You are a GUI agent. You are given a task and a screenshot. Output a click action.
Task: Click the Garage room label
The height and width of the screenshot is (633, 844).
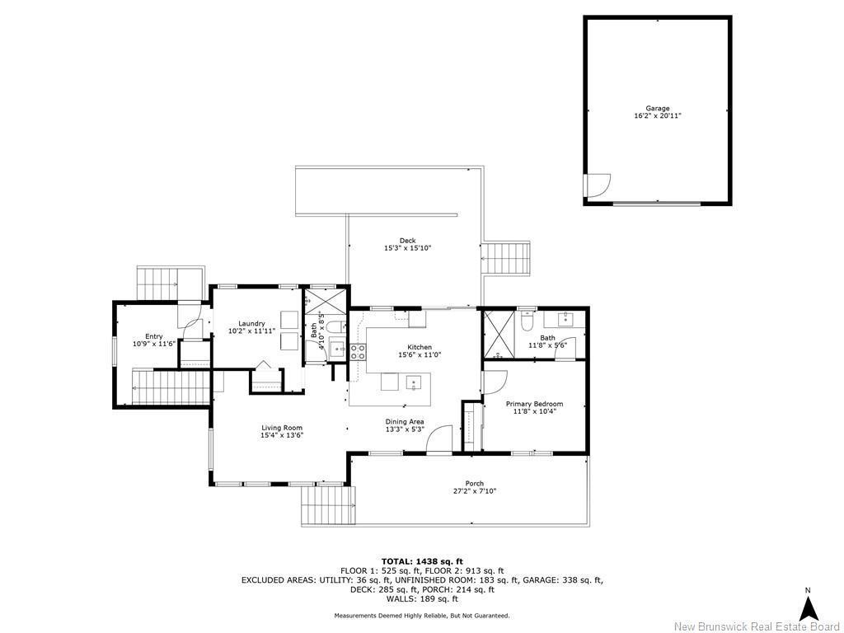click(x=657, y=108)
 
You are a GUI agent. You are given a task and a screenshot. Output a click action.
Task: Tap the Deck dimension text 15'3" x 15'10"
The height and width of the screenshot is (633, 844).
click(x=407, y=248)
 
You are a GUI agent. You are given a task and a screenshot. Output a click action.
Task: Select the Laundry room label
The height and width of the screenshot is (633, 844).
click(x=251, y=324)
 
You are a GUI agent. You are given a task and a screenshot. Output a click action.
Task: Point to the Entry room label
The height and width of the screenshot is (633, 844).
click(x=153, y=336)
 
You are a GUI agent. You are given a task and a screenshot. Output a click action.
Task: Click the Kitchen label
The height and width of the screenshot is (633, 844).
click(x=419, y=347)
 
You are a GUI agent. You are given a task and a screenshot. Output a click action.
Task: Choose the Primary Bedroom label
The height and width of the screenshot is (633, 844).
click(x=534, y=404)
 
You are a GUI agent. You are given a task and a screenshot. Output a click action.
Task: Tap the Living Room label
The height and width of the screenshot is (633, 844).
click(x=282, y=428)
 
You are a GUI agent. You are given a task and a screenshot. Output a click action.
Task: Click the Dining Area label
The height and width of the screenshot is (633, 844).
click(x=404, y=421)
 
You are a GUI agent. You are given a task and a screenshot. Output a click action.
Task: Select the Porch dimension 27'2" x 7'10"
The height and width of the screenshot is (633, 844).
click(x=474, y=491)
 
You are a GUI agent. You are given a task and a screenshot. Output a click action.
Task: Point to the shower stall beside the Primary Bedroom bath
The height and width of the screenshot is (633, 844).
click(x=499, y=334)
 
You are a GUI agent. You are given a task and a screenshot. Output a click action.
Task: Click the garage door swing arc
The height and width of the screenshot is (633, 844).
click(x=598, y=185)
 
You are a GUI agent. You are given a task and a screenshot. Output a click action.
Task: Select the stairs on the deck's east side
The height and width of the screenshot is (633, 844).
click(x=506, y=260)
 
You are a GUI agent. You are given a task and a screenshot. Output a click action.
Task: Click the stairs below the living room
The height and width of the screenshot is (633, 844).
click(x=328, y=504)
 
